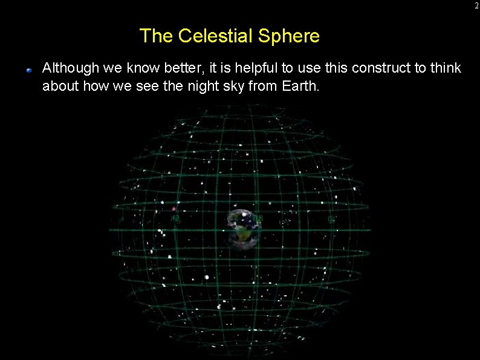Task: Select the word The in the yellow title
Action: (157, 36)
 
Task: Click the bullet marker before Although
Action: (28, 70)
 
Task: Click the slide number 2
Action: (476, 5)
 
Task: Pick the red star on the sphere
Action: (174, 209)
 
